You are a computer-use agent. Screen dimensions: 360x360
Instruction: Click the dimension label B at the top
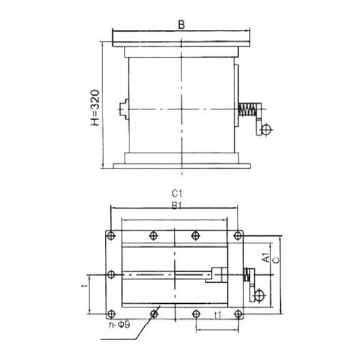coord(181,24)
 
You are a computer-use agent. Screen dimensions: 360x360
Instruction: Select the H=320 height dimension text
coord(95,108)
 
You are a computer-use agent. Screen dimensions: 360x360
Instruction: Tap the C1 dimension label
coord(177,194)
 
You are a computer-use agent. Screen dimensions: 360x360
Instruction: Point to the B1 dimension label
coord(177,206)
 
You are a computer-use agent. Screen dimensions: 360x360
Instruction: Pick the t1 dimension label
coord(217,315)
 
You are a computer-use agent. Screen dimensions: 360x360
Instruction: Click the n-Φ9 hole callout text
coord(120,325)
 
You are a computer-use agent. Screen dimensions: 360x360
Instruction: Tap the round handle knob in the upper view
coord(266,130)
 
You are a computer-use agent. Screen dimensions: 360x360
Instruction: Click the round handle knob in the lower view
coord(258,294)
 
